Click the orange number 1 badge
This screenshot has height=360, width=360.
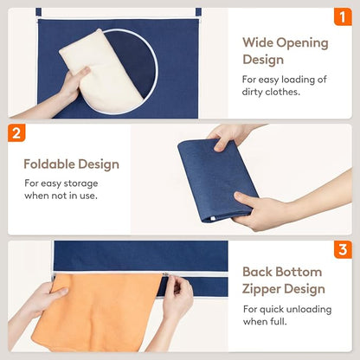343,16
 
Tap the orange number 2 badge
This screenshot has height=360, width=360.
16,133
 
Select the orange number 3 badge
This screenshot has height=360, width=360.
343,249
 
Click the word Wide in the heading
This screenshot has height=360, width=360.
257,42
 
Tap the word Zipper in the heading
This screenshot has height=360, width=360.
262,290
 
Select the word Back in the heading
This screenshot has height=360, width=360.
257,272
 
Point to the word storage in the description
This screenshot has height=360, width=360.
80,183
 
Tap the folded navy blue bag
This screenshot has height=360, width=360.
217,179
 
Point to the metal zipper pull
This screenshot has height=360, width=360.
165,274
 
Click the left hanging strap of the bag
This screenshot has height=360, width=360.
39,13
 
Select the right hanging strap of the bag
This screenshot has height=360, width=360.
198,12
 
